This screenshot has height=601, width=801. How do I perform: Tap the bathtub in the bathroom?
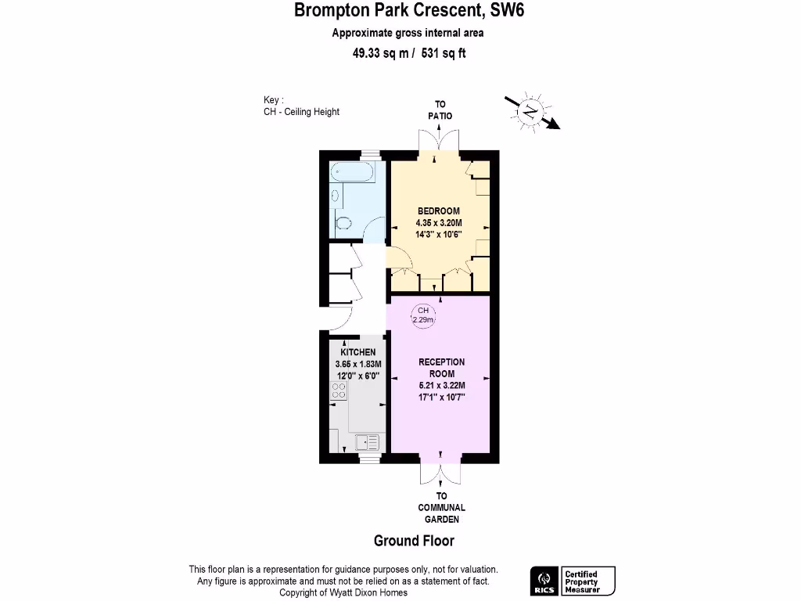[354, 173]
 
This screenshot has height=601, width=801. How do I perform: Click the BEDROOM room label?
[438, 211]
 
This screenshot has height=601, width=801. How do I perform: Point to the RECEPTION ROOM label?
[442, 367]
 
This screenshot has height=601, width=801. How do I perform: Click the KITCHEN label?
[357, 353]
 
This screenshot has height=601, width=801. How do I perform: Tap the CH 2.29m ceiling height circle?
[423, 315]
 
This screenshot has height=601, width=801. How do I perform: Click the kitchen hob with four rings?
[339, 390]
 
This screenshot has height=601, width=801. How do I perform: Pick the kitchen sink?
[366, 443]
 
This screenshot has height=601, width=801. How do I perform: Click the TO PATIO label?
[440, 110]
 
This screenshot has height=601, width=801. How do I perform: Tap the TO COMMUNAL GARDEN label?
[441, 507]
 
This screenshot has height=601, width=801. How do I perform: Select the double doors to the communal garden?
[440, 473]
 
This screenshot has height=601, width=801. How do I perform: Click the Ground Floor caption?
[414, 541]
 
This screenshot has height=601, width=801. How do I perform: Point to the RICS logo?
[543, 581]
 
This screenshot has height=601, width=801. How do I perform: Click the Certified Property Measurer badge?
[588, 581]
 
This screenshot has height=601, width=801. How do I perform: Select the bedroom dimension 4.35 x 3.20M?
[438, 222]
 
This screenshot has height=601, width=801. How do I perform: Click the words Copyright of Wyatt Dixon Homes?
[343, 592]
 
